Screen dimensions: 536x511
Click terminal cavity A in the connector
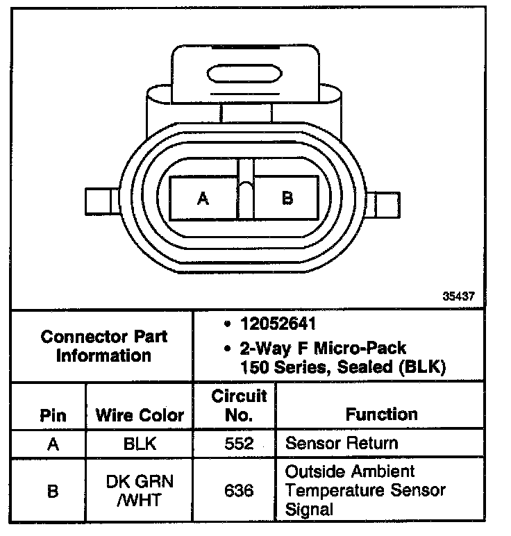click(203, 199)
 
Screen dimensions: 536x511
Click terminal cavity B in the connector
click(287, 199)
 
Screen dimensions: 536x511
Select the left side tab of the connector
click(97, 201)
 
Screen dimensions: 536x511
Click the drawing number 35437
click(459, 295)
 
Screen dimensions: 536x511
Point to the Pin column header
click(53, 415)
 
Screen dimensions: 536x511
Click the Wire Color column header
click(140, 415)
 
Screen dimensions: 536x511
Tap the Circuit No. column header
click(239, 405)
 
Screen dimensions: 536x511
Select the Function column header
click(382, 414)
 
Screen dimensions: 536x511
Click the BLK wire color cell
click(140, 444)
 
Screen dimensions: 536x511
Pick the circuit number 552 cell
click(239, 444)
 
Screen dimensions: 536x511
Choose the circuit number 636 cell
click(239, 491)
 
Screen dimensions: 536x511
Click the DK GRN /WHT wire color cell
click(140, 491)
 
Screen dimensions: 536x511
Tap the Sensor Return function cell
click(342, 443)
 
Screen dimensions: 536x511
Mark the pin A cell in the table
click(53, 444)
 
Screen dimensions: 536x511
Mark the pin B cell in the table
click(53, 491)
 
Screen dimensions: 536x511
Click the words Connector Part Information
click(104, 346)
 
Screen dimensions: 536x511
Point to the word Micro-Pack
click(368, 347)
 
